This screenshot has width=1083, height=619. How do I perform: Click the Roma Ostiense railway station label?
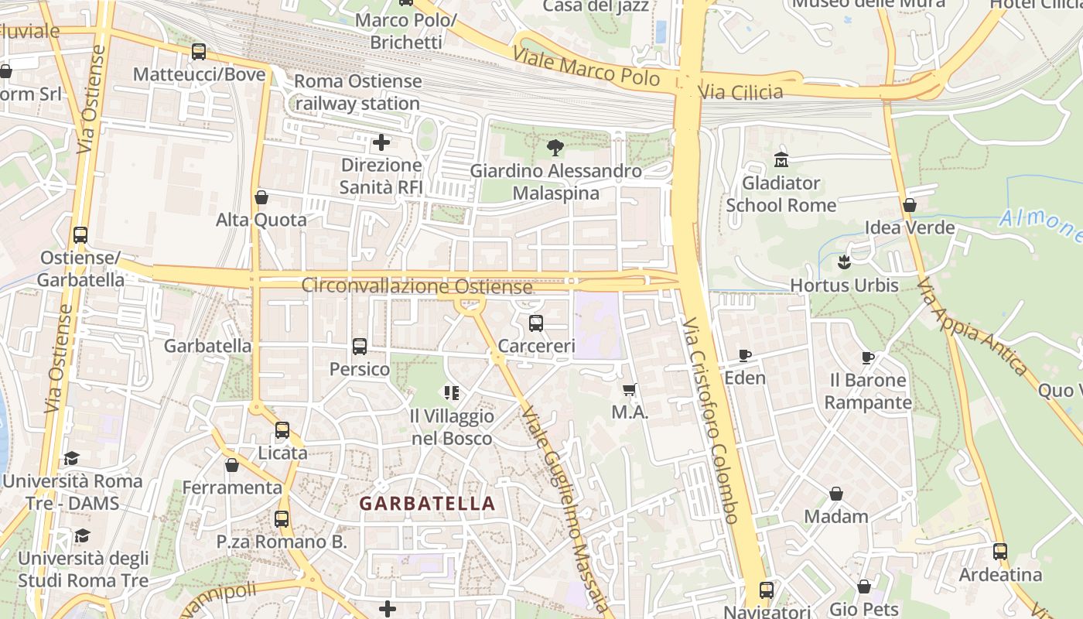357,92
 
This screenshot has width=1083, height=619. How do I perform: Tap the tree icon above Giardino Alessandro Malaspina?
555,148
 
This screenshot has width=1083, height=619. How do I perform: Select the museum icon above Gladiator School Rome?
781,160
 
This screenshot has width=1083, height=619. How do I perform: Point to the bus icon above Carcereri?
536,323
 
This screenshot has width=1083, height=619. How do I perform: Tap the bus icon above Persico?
360,347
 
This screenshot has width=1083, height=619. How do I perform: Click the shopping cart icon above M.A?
630,390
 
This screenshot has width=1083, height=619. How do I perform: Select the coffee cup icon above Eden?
744,356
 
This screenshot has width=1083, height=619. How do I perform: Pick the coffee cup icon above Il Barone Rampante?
868,357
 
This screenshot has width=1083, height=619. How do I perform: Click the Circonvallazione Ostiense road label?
417,286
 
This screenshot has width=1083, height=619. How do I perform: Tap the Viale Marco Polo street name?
586,67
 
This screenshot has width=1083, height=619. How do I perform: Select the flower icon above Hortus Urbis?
844,262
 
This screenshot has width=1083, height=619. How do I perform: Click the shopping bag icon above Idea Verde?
910,205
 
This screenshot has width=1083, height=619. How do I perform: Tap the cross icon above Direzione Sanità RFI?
381,142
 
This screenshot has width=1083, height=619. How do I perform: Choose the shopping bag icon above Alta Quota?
261,197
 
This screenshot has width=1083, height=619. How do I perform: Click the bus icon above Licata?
282,430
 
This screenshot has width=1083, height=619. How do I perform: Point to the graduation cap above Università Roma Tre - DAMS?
71,459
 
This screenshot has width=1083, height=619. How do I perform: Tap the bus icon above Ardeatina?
1000,552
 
